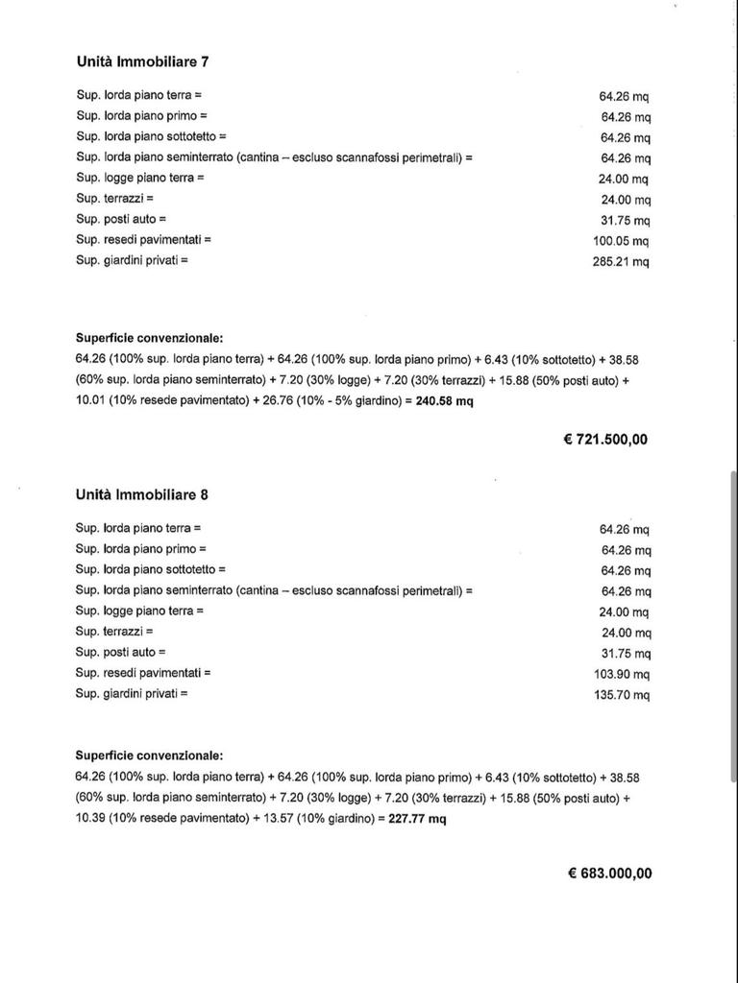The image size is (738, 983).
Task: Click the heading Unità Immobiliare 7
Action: (142, 61)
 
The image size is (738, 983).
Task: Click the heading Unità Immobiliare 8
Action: (142, 494)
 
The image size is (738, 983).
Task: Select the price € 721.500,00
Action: (605, 440)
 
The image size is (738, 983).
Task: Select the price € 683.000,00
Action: (609, 874)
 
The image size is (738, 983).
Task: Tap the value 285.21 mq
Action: (621, 262)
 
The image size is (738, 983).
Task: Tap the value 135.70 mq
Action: (622, 695)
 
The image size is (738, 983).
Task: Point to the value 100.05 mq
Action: (621, 241)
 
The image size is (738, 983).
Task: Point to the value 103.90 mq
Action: (622, 674)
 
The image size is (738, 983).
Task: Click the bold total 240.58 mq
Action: (444, 401)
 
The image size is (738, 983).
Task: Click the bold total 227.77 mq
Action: (418, 819)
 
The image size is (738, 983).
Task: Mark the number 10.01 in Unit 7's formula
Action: (90, 401)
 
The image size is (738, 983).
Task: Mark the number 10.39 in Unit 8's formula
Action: (90, 819)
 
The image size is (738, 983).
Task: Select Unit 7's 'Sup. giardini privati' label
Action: (132, 260)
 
